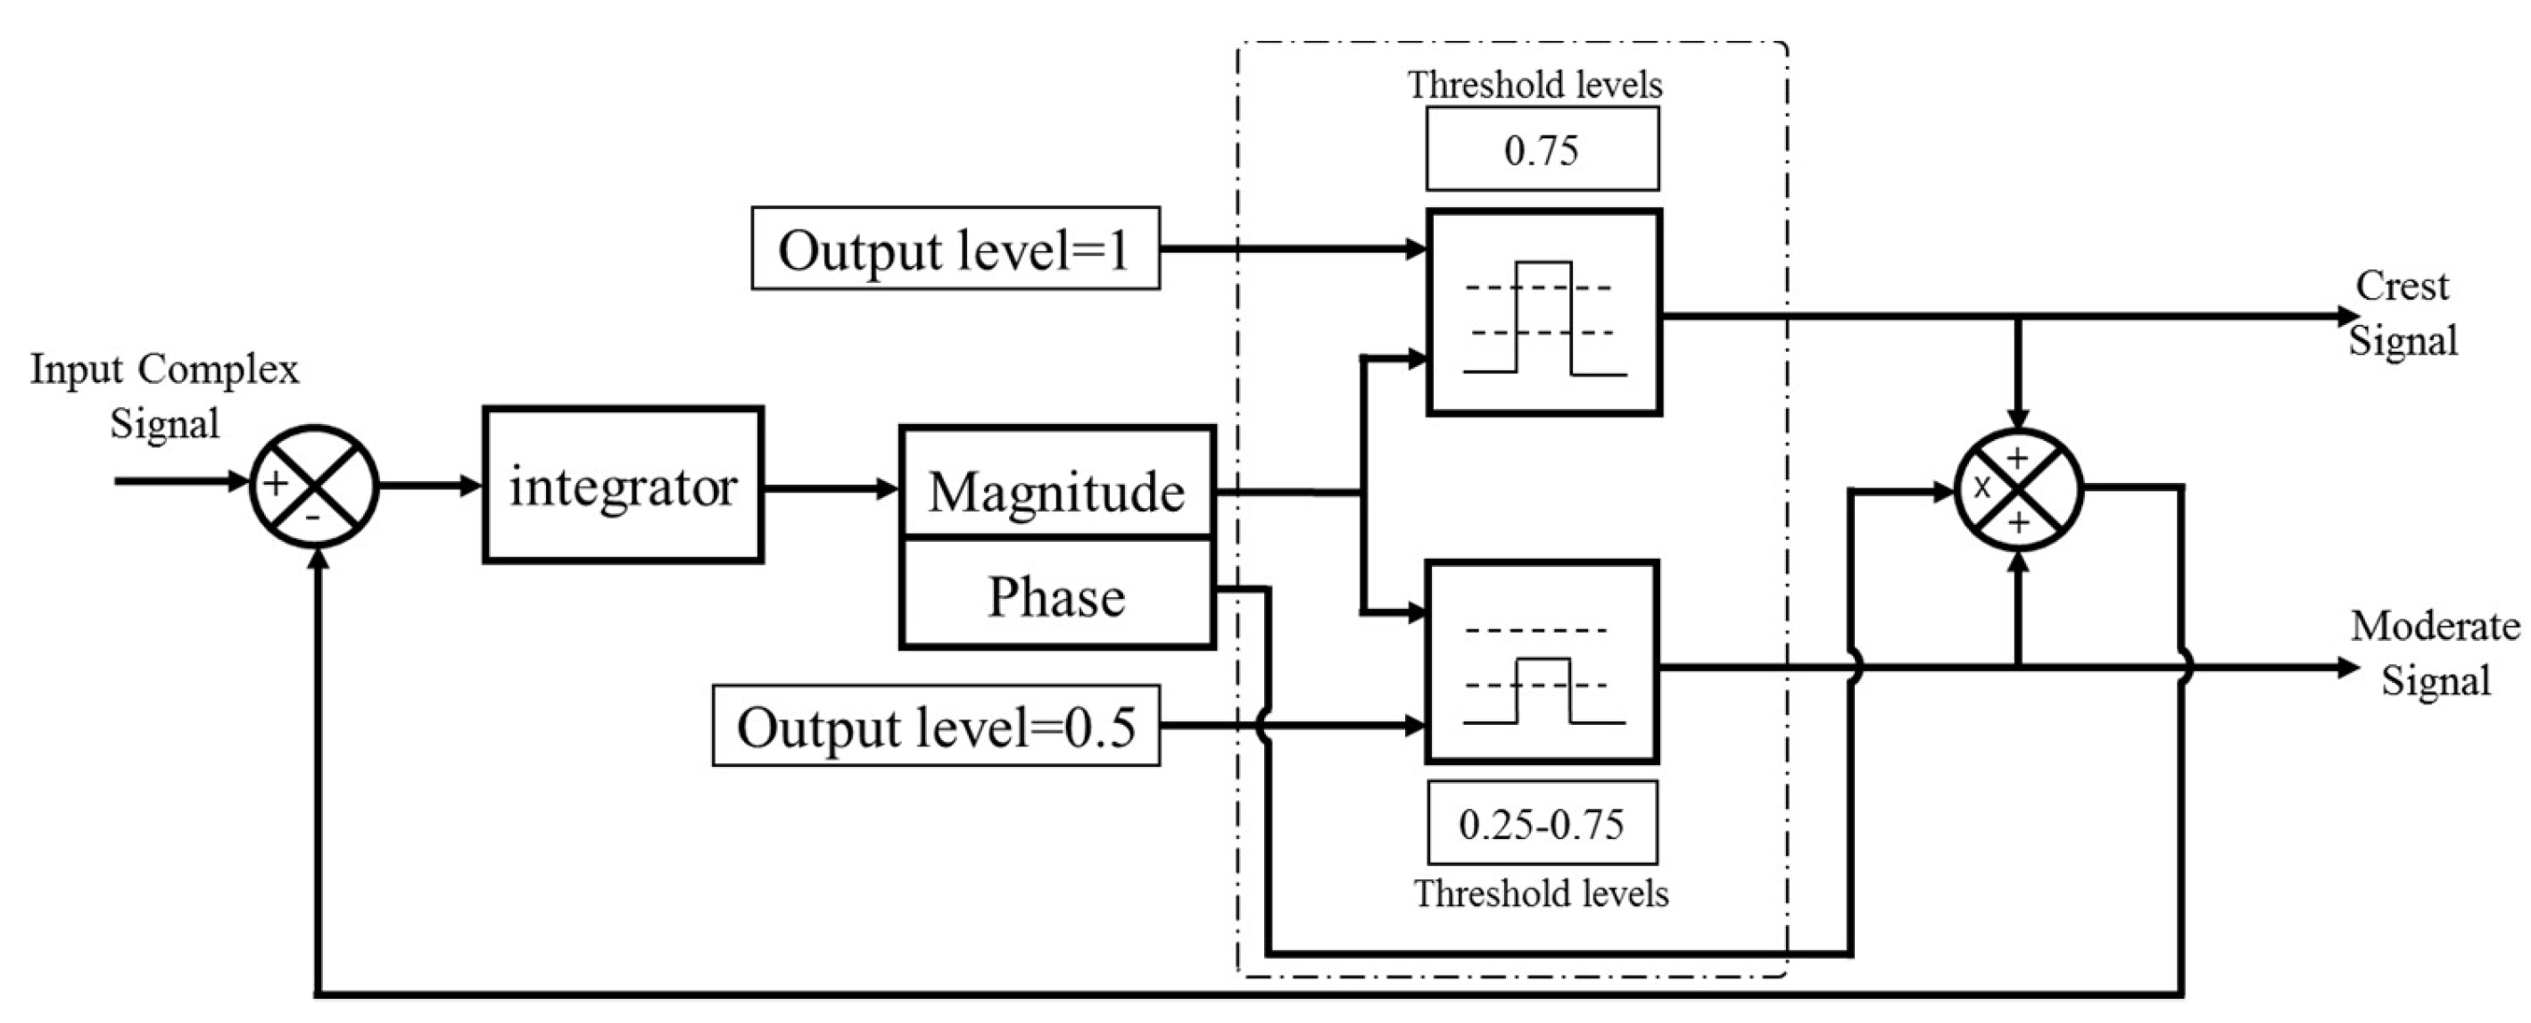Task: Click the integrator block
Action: coord(623,485)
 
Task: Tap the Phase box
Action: coord(1057,595)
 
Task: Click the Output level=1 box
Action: coord(955,249)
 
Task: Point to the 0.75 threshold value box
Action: coord(1542,149)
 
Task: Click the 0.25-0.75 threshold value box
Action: coord(1542,822)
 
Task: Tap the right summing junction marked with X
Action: coord(2018,489)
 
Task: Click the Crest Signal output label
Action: coord(2403,313)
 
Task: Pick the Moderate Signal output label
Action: coord(2435,653)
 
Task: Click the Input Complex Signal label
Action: coord(164,396)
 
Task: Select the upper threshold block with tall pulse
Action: coord(1543,312)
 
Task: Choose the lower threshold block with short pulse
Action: coord(1542,662)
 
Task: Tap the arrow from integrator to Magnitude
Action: coord(831,487)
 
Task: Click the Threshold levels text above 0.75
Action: coord(1534,86)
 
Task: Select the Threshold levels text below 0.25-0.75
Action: coord(1541,894)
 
